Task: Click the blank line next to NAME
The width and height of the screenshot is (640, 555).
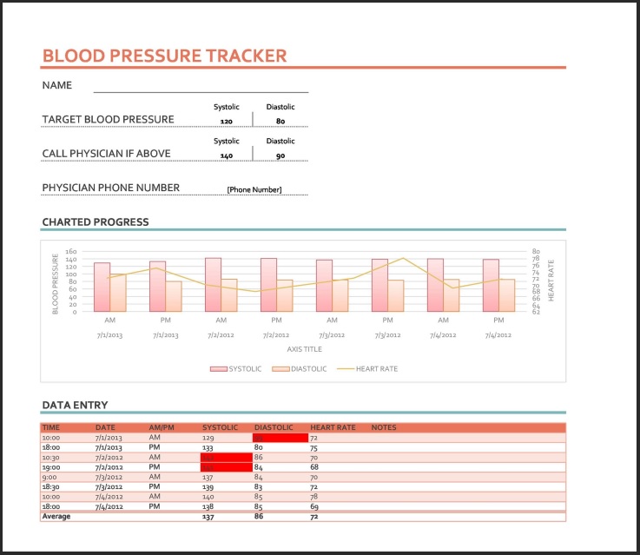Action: [201, 90]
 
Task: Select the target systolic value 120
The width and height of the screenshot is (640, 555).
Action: [226, 122]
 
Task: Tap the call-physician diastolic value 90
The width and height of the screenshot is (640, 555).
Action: [280, 155]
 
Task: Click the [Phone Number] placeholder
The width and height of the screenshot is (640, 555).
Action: [254, 190]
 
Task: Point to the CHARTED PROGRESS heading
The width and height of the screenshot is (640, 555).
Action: [96, 222]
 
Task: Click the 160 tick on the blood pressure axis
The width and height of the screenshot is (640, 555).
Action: [72, 251]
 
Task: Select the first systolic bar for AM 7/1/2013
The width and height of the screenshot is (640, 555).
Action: [102, 287]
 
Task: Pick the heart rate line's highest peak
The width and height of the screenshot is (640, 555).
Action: [402, 258]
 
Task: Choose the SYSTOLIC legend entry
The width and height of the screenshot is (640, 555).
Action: [236, 369]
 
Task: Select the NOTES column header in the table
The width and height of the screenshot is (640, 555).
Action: [384, 427]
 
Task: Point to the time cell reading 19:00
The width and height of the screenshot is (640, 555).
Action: [51, 466]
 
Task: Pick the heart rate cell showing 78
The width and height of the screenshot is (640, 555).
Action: [314, 496]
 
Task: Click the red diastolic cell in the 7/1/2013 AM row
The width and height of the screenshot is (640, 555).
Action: [280, 438]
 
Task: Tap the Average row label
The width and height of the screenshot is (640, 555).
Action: [56, 516]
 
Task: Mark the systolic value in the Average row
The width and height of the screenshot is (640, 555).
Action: [208, 516]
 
